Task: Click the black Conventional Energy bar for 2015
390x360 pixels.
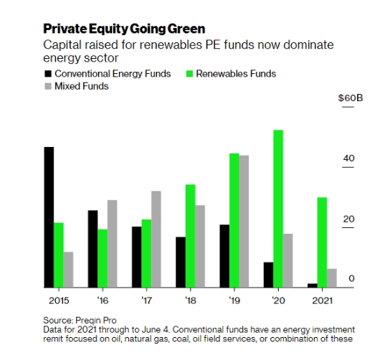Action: click(49, 217)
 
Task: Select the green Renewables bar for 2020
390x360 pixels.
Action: click(278, 209)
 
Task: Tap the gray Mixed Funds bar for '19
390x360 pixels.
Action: click(244, 222)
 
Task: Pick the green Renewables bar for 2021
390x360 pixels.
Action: click(322, 242)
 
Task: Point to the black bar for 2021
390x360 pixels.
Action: click(312, 285)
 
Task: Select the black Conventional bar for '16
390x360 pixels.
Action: click(93, 249)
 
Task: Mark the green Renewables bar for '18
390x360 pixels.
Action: click(191, 236)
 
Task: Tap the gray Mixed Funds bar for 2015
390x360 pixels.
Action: click(68, 270)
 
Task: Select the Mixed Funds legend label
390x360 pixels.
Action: click(82, 87)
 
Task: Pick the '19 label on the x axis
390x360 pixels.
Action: click(234, 300)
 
